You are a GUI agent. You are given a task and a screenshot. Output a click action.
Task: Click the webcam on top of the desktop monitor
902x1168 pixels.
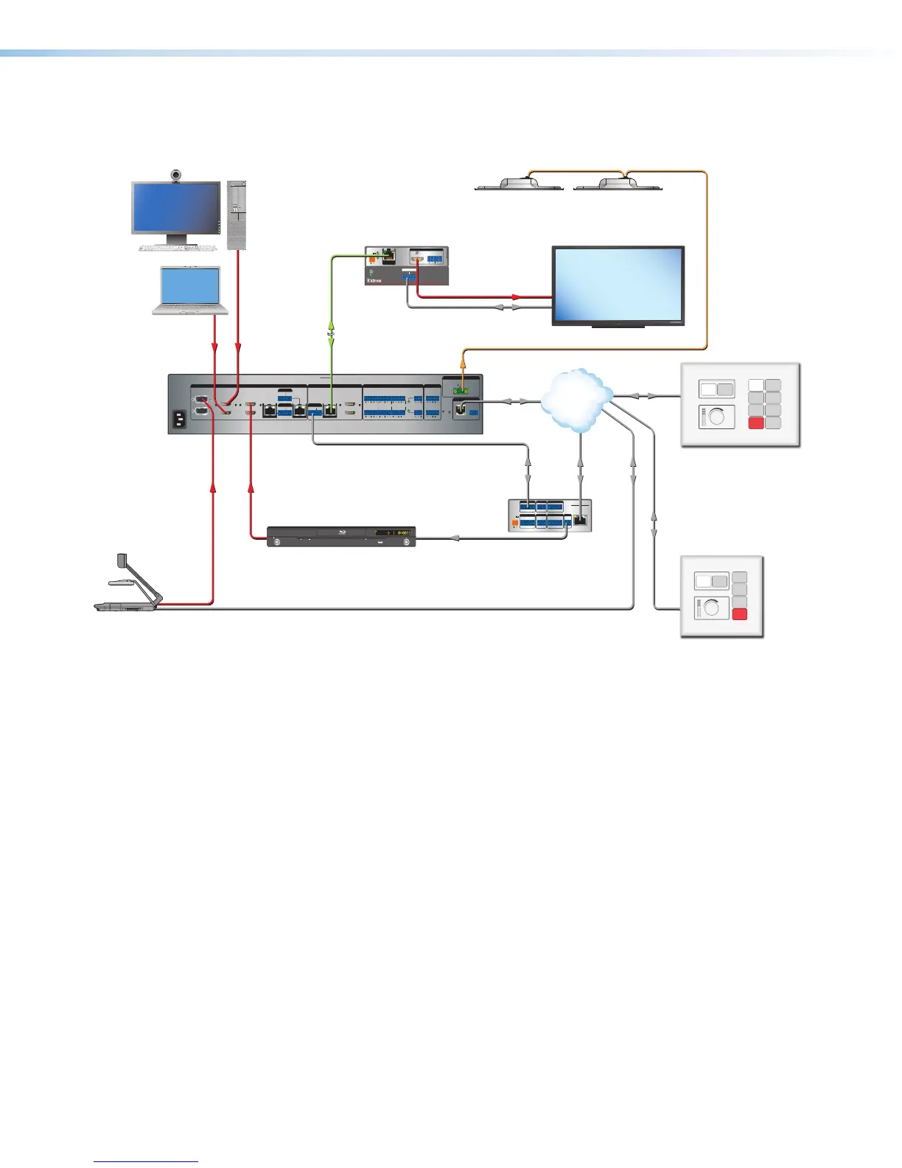176,175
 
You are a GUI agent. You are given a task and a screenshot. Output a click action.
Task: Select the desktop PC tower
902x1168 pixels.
237,215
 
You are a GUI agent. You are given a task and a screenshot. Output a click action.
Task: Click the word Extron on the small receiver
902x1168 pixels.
374,281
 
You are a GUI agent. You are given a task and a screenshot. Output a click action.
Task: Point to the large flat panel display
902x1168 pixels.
618,285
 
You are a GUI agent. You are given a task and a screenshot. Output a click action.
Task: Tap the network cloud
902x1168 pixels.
577,400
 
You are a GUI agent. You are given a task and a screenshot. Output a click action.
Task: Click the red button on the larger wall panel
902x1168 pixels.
756,423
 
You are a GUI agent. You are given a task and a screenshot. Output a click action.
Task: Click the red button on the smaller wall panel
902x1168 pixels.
740,616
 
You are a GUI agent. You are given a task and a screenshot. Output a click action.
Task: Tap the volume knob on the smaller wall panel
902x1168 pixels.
712,609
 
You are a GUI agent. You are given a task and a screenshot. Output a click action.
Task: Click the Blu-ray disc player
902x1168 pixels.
340,536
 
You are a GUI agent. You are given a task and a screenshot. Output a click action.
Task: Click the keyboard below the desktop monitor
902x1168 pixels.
177,248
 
